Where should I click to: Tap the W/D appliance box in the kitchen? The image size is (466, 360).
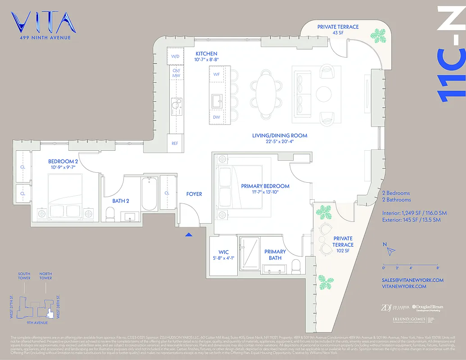175,56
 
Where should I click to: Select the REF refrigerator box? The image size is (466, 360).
175,144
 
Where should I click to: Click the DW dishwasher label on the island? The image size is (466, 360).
217,117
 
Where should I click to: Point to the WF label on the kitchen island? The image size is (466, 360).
217,74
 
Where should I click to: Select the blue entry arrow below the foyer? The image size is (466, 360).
189,234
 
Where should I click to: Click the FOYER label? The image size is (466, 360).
194,194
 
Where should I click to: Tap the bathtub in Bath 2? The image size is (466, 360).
149,194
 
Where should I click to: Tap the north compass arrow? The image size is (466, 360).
391,250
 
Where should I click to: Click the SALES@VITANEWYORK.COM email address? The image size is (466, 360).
412,280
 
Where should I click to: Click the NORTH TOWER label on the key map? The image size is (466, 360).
45,276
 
